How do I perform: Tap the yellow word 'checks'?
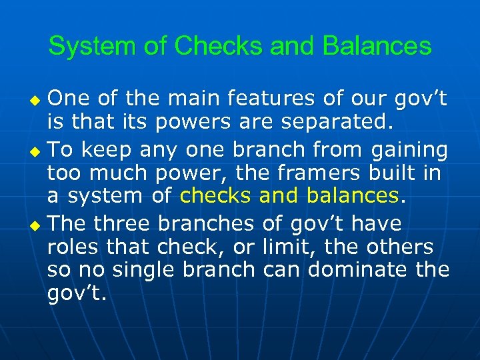216,196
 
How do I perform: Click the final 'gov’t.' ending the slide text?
77,295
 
